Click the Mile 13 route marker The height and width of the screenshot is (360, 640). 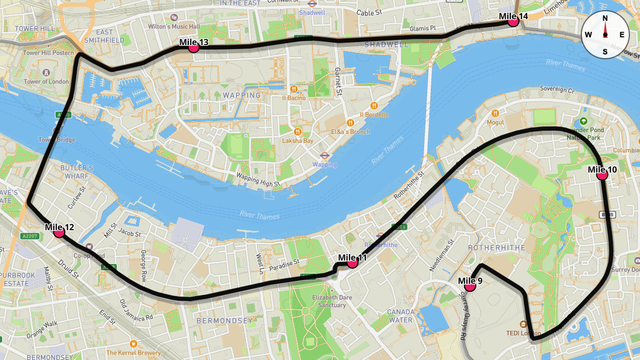click(194, 47)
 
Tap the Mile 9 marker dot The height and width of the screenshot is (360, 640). click(470, 286)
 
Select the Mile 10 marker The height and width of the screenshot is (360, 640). click(602, 174)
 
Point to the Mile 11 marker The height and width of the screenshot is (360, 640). click(352, 262)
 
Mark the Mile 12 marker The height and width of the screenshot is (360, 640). click(59, 232)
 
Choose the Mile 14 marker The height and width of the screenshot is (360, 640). click(514, 21)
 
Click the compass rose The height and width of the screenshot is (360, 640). click(605, 35)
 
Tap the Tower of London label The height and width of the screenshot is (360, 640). click(47, 82)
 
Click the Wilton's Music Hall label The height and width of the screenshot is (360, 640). click(174, 26)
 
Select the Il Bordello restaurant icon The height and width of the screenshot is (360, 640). click(374, 106)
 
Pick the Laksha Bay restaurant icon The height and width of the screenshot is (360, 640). click(298, 132)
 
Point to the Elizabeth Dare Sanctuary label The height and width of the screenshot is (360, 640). click(330, 301)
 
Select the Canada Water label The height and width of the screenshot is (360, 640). click(400, 316)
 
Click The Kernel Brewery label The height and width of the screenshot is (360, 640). click(133, 353)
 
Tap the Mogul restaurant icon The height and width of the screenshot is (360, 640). click(496, 113)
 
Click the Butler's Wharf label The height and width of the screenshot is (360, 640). click(77, 172)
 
